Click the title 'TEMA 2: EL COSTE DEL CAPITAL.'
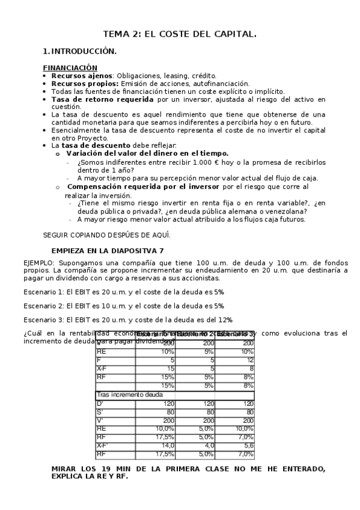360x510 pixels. (x=180, y=34)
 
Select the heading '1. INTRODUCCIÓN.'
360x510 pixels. (x=80, y=52)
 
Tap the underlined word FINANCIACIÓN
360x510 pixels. (x=70, y=68)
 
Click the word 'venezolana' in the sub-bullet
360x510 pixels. (x=285, y=211)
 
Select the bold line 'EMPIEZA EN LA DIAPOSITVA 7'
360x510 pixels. (x=107, y=250)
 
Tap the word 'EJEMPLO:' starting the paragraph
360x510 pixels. (x=39, y=263)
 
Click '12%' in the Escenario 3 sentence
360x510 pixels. (x=225, y=320)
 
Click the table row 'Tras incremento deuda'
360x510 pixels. (x=130, y=395)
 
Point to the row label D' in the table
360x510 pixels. (x=100, y=404)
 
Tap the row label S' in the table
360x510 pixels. (x=100, y=412)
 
